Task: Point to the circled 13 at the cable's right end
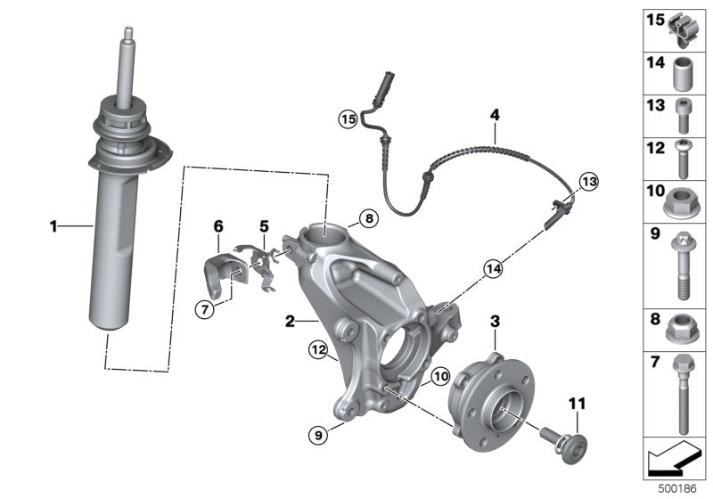point(586,182)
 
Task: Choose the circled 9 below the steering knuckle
point(316,435)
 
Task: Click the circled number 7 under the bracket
point(205,308)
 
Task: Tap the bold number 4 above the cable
point(494,113)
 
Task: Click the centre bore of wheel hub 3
point(500,411)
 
